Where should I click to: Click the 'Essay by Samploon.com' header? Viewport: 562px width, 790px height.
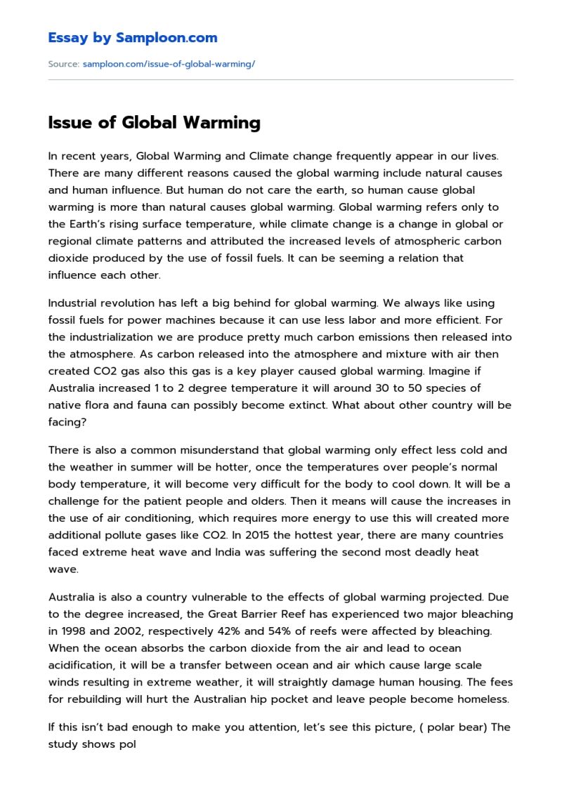(x=133, y=38)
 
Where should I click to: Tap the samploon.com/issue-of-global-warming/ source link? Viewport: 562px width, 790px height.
(x=169, y=64)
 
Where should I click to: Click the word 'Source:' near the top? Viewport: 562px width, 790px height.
(x=63, y=64)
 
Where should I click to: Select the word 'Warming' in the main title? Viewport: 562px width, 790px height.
(x=221, y=123)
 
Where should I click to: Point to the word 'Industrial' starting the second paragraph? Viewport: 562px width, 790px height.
(x=75, y=303)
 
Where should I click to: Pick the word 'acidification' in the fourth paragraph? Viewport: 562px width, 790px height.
(x=79, y=665)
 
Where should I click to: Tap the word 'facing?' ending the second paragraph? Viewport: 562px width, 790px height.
(x=67, y=422)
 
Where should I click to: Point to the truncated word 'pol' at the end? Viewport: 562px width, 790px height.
(x=126, y=744)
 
